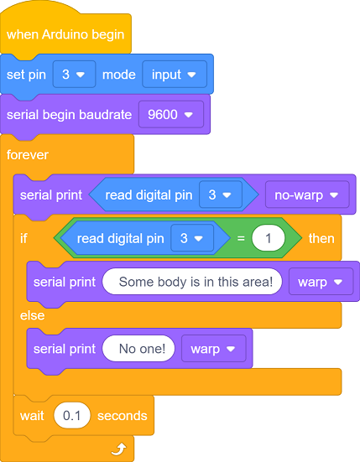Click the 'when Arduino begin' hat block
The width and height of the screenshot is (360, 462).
65,34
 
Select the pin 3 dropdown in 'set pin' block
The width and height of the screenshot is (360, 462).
75,75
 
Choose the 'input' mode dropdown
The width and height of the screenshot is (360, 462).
175,75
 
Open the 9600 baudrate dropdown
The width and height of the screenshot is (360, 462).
171,114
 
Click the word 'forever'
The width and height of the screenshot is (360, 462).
28,155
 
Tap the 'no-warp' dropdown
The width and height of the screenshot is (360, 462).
307,195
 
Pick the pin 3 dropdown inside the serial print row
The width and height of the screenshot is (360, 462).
221,195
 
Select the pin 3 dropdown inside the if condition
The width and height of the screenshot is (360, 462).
192,238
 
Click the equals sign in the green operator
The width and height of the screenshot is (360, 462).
241,238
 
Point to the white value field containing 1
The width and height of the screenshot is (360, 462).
269,238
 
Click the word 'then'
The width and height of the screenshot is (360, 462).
321,238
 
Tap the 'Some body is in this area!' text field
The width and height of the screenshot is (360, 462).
192,282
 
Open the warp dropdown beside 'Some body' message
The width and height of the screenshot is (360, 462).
321,282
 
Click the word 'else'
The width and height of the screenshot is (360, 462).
33,315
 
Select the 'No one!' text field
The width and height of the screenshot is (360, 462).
138,349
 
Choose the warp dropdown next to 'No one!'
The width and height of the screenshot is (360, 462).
213,349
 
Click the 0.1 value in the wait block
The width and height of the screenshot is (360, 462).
72,415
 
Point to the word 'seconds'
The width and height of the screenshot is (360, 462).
122,416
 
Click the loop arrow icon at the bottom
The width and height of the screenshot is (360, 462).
119,449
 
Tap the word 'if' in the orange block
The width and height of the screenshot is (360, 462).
23,238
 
